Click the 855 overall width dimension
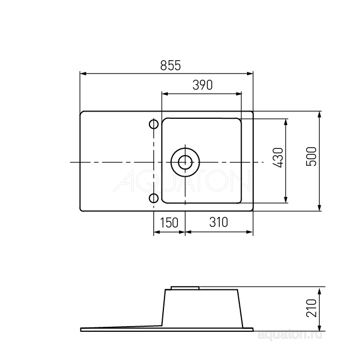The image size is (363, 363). coord(171,65)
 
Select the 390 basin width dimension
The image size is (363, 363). coord(202,85)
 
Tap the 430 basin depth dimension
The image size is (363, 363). coord(278,158)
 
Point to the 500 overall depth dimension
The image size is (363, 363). coord(311,156)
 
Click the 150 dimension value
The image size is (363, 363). coord(169,222)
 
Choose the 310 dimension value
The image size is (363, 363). coord(219,222)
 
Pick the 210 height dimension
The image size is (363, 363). coord(311,308)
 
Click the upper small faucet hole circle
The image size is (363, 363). coord(154,124)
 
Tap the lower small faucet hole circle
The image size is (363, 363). coord(154,199)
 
